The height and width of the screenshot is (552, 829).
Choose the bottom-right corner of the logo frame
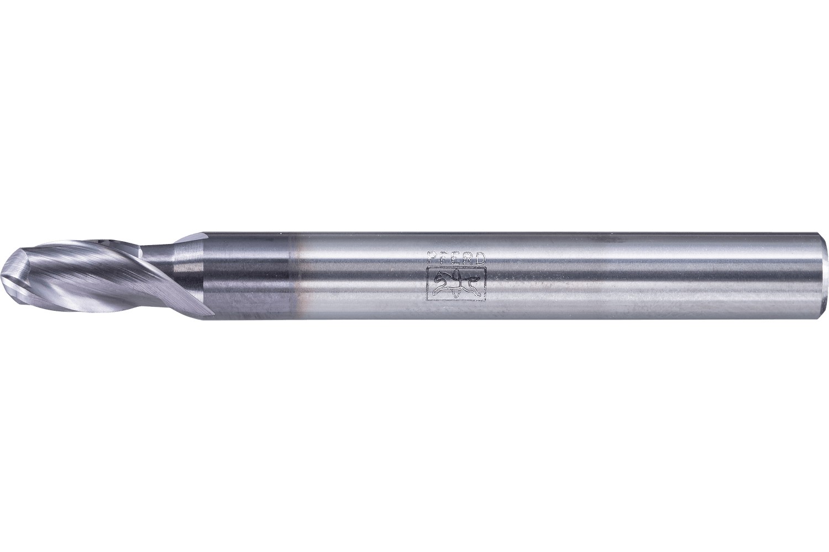coord(485,300)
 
